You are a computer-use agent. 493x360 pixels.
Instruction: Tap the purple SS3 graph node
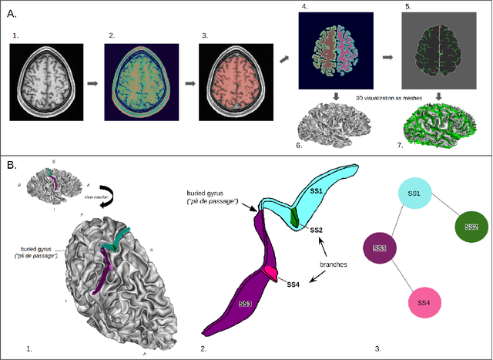[379, 247]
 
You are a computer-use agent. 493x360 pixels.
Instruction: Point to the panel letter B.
[12, 164]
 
